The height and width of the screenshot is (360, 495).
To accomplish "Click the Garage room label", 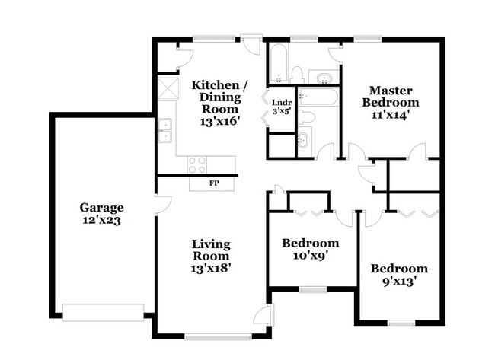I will click(x=101, y=207).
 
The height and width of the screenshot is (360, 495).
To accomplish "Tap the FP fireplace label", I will click(x=214, y=183).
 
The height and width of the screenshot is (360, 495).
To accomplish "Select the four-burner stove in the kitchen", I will click(x=197, y=164).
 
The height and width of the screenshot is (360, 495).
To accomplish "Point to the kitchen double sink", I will click(x=164, y=132).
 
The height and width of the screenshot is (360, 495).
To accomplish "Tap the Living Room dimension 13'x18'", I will click(x=210, y=267).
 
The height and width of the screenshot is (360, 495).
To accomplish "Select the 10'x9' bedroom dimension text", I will click(x=310, y=256).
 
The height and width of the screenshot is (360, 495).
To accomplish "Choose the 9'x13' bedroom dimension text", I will click(x=399, y=282).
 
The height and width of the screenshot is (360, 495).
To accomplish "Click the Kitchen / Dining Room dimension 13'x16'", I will click(x=216, y=120).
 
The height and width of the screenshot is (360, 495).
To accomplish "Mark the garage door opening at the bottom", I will click(x=103, y=313).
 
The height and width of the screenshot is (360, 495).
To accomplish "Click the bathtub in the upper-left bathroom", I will click(x=278, y=64).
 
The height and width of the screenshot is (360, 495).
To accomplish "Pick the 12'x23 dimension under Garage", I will click(x=101, y=221).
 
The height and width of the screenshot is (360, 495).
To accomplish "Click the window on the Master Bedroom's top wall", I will click(x=368, y=39).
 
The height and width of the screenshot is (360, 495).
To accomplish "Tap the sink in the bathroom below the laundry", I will click(x=303, y=140).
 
